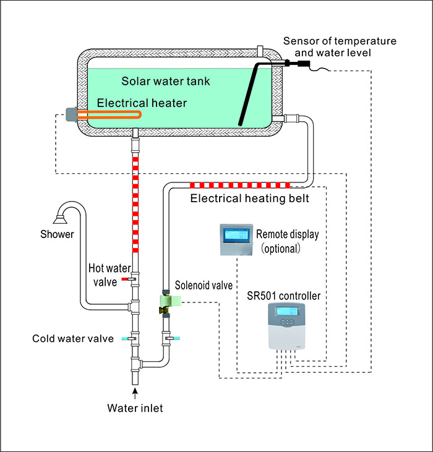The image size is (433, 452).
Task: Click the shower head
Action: (60, 217)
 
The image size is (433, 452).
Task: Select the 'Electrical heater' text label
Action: (140, 103)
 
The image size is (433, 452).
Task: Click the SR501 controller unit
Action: (289, 324)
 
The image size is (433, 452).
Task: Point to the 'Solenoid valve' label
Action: (204, 285)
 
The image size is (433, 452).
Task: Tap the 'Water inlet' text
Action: (135, 407)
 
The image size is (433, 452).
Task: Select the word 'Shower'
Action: (57, 234)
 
